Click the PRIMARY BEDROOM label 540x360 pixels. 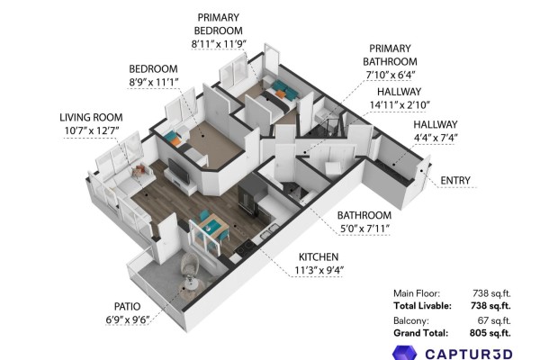219,24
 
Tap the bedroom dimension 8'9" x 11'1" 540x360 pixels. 154,82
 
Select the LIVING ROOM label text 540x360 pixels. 91,118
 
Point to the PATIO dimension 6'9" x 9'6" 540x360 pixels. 128,320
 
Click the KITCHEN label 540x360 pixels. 319,257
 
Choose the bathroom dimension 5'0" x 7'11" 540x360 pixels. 365,229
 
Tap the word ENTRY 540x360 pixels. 455,181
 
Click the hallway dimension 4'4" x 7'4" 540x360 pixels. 436,138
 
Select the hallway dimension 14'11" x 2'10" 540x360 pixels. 400,104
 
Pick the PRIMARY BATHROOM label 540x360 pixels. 390,55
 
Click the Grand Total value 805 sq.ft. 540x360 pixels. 490,333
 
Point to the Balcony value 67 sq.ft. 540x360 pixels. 494,320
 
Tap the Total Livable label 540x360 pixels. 422,306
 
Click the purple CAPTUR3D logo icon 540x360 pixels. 405,353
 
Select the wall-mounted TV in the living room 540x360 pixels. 178,171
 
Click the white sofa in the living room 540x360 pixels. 128,189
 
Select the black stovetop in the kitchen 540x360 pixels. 244,247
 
